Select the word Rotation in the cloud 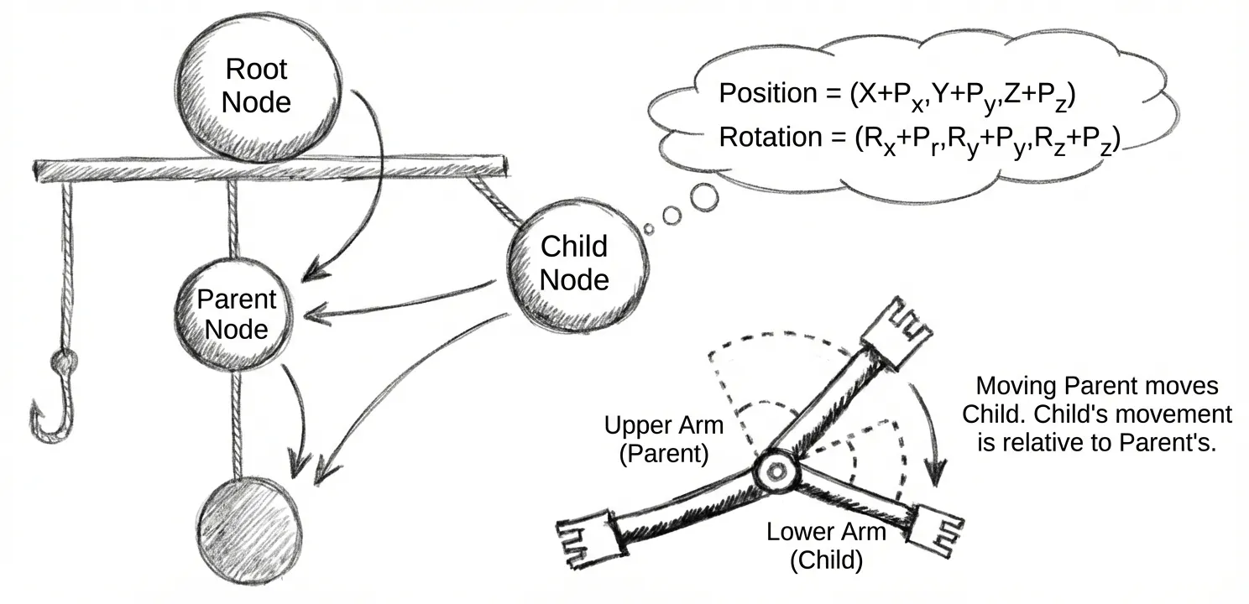coord(766,137)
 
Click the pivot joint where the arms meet coord(773,473)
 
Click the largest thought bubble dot coord(704,198)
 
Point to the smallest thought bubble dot coord(648,227)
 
